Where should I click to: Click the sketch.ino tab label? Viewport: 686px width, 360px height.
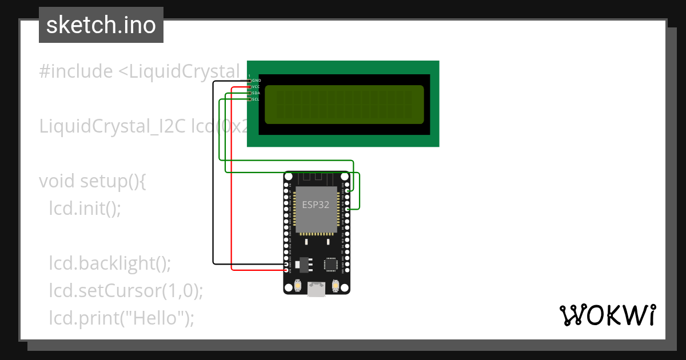click(101, 25)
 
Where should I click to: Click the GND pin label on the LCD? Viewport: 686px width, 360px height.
click(256, 81)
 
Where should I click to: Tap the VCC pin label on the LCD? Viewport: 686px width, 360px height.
click(256, 87)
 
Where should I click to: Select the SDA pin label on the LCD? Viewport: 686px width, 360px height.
click(256, 93)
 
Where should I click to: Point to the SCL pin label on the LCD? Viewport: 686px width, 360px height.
click(256, 99)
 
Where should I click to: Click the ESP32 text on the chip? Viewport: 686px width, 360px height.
click(316, 203)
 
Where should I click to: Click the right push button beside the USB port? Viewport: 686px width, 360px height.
click(336, 285)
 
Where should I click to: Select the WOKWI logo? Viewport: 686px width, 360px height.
click(607, 315)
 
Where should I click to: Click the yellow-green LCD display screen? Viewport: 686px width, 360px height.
click(344, 105)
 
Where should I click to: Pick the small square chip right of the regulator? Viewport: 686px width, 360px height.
click(330, 263)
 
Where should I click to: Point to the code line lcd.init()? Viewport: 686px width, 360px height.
click(85, 208)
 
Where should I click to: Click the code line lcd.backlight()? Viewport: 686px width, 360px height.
click(110, 263)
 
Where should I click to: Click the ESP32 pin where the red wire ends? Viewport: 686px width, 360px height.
click(286, 270)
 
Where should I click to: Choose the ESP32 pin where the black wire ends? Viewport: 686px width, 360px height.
click(286, 264)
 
